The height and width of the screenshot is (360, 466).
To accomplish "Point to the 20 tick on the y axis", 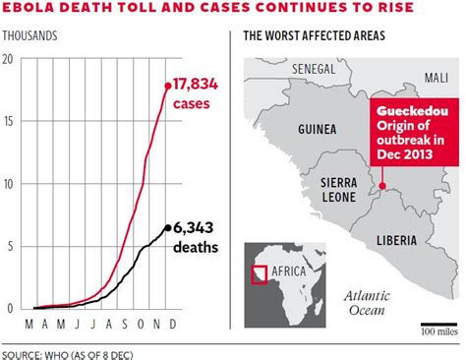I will tap(9, 60).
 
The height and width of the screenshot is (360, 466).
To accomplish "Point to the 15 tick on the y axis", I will tap(9, 122).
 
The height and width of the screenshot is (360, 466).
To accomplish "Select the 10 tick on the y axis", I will tap(9, 184).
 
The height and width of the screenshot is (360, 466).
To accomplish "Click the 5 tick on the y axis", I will tap(9, 246).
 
